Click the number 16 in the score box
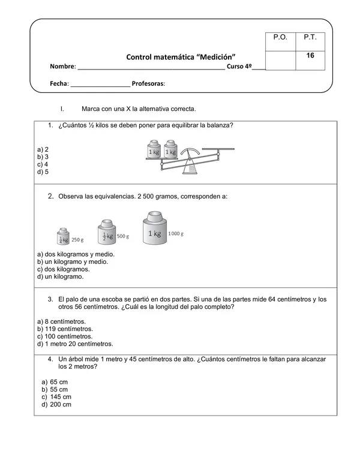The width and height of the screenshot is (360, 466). tap(310, 56)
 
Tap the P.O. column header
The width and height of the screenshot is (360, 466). tap(280, 37)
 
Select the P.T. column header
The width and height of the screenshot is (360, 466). tap(310, 37)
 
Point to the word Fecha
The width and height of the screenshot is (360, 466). tap(59, 84)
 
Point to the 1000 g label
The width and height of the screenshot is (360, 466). tap(176, 233)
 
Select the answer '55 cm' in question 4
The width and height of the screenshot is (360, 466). tap(56, 389)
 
